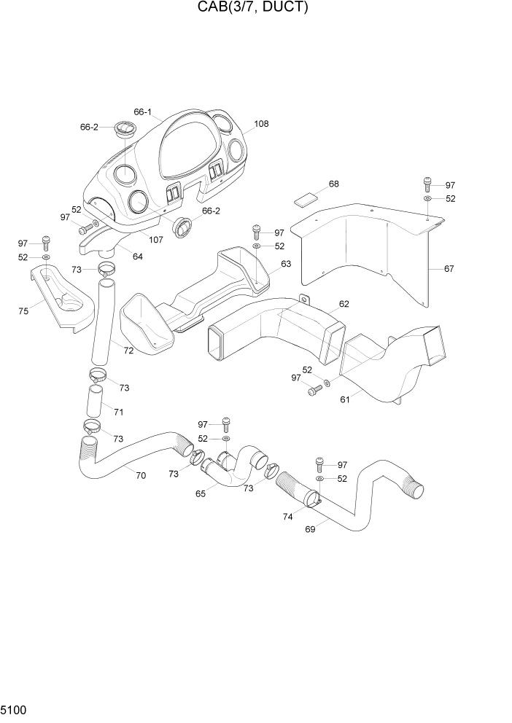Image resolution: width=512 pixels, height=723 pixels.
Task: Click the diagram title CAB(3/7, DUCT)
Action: click(252, 8)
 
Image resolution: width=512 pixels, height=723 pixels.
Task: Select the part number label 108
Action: click(260, 124)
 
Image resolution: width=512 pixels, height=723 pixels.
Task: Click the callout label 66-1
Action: click(142, 112)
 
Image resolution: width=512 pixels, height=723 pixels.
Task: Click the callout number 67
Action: click(449, 269)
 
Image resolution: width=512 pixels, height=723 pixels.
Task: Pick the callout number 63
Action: click(286, 264)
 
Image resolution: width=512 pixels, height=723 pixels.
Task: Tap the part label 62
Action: click(344, 304)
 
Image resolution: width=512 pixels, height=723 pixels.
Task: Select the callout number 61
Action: click(345, 399)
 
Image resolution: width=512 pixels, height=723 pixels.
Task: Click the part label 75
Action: click(23, 311)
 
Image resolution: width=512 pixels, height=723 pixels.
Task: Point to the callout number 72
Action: click(128, 351)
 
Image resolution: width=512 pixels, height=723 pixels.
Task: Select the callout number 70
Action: click(140, 475)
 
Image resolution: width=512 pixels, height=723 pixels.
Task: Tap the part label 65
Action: click(201, 493)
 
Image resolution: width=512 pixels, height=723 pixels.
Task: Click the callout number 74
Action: click(288, 516)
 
